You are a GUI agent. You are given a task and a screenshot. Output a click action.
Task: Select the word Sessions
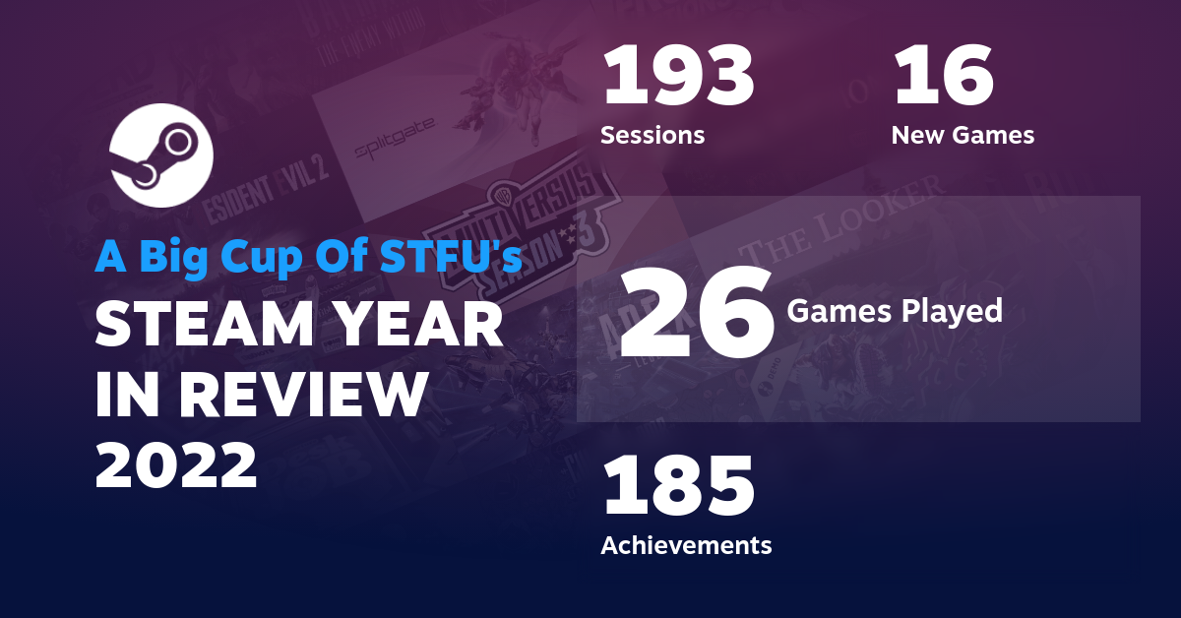pos(653,135)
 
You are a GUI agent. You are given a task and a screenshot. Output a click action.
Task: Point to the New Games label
pos(963,135)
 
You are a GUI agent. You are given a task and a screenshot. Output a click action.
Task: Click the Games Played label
pos(894,312)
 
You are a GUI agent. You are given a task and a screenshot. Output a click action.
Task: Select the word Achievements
pos(686,544)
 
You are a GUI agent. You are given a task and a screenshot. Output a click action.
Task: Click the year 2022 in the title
pos(176,464)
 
